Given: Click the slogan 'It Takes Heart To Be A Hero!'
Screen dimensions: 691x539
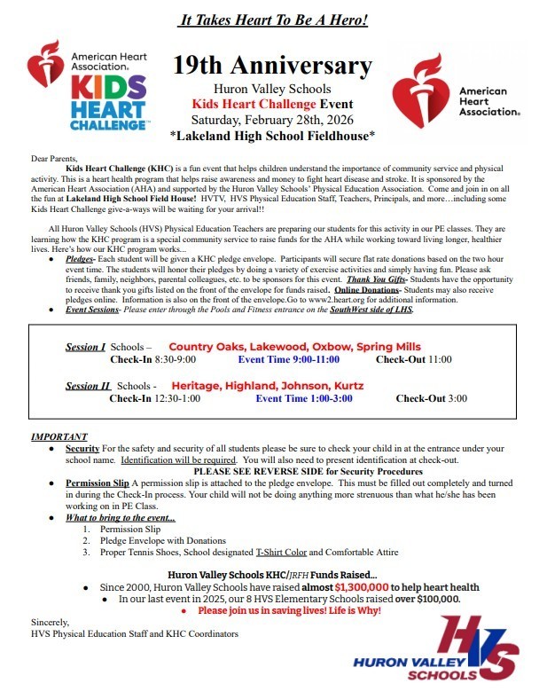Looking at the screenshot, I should coord(273,20).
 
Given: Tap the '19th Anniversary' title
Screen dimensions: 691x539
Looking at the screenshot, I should coord(272,66).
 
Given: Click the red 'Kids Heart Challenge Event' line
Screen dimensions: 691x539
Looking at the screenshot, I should coord(272,104).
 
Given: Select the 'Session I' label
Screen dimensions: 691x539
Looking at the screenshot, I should coord(86,346).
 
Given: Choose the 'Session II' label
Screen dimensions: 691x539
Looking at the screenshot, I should coord(89,386).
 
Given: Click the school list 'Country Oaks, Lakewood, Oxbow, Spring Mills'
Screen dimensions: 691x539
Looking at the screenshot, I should coord(294,346).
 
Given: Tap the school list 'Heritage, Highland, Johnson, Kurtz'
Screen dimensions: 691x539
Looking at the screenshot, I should coord(267,386).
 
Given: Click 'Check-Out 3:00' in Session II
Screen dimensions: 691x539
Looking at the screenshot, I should coord(431,399).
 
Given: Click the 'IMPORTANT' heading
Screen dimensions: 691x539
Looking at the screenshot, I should coord(59,437).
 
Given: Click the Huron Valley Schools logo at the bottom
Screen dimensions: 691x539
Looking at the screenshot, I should coord(433,648).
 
